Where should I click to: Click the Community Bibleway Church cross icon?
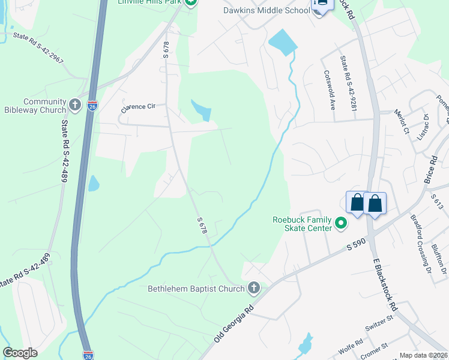75,106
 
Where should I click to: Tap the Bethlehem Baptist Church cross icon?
254,289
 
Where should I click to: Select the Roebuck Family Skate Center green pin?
341,224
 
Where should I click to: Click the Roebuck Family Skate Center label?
303,224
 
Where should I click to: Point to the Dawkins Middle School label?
275,10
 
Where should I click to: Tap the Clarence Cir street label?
138,107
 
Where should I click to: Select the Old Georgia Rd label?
234,326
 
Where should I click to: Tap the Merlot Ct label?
401,122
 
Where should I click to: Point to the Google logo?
20,353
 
